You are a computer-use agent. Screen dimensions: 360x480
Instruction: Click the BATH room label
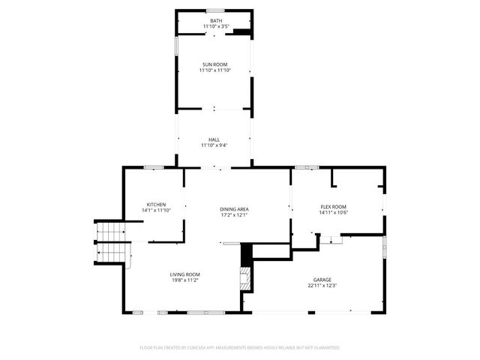(216, 20)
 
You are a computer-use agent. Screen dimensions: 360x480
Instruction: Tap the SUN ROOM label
(215, 64)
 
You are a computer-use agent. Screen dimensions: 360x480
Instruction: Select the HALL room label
(214, 139)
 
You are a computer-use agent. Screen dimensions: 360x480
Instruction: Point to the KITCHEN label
(156, 205)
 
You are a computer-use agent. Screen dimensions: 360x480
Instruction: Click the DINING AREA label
(234, 209)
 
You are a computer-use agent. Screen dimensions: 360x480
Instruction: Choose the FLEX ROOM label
(334, 206)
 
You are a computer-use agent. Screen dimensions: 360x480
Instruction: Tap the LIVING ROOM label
(184, 274)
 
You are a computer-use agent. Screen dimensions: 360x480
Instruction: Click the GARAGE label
(322, 279)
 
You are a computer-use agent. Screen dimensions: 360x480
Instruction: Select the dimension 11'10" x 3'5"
(216, 27)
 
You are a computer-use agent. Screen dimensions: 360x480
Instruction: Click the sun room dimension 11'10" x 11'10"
(215, 70)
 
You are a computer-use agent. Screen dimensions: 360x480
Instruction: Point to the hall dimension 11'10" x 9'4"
(214, 145)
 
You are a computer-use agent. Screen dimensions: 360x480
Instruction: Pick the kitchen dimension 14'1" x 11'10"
(156, 211)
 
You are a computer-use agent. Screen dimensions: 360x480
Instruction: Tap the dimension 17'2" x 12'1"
(234, 215)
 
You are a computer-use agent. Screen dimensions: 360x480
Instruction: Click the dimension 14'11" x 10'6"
(334, 212)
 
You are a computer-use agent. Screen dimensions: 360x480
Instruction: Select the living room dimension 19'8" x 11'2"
(184, 280)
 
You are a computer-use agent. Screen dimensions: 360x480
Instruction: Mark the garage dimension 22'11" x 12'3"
(322, 285)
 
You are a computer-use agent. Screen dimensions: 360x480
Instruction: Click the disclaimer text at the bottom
(240, 348)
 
